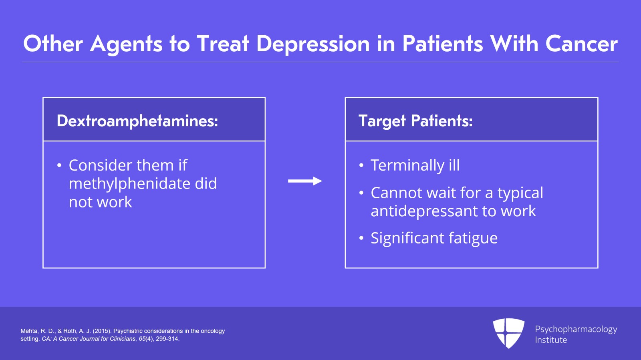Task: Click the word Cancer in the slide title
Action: pyautogui.click(x=581, y=44)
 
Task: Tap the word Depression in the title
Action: pyautogui.click(x=313, y=44)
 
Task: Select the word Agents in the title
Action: pyautogui.click(x=127, y=44)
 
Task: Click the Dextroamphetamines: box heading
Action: pyautogui.click(x=137, y=121)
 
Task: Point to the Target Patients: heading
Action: pyautogui.click(x=415, y=121)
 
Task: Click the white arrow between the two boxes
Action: pyautogui.click(x=305, y=181)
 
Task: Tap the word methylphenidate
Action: pyautogui.click(x=129, y=184)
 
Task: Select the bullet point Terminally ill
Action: pyautogui.click(x=415, y=165)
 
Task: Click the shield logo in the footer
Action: pyautogui.click(x=508, y=333)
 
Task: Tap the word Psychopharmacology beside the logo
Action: pyautogui.click(x=576, y=329)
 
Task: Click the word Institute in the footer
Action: pyautogui.click(x=551, y=340)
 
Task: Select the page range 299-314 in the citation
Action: pyautogui.click(x=167, y=339)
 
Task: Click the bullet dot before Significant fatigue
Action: pyautogui.click(x=361, y=239)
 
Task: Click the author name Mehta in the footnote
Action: pyautogui.click(x=29, y=331)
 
